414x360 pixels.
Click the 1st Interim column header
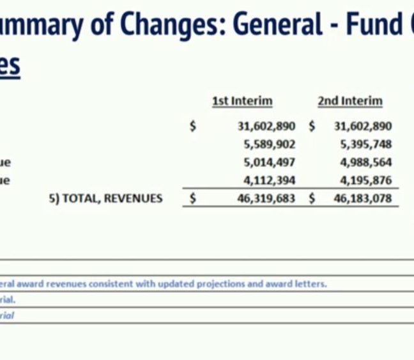242,101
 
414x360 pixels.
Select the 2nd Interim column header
350,101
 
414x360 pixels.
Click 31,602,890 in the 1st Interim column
266,127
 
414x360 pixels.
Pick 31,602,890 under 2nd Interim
363,127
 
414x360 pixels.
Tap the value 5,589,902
270,145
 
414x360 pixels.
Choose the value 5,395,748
366,145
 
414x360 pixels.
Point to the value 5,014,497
270,162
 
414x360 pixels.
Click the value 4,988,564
366,162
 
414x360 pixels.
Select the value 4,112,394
270,180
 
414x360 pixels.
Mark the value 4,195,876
366,180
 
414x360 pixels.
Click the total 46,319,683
266,198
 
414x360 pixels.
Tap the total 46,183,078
363,198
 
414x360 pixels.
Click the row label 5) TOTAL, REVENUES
106,198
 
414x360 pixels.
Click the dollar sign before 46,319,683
193,198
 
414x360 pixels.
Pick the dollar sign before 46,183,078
312,198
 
